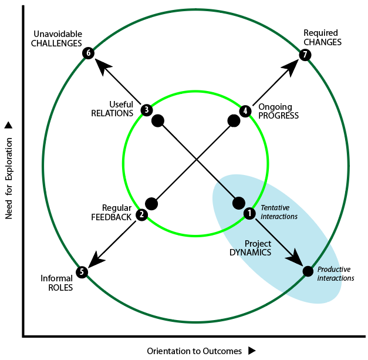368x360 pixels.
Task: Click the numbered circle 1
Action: (249, 213)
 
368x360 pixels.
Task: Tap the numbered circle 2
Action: (141, 215)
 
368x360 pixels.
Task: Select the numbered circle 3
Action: (146, 109)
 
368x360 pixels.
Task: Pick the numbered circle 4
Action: (245, 110)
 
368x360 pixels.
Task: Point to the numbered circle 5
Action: (82, 272)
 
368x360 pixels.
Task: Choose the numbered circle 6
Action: (89, 53)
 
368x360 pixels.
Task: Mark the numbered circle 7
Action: (304, 55)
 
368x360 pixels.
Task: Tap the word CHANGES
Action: (322, 42)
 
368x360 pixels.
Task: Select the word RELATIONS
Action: (112, 113)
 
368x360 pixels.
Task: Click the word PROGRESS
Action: (279, 116)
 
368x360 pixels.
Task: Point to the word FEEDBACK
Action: (112, 217)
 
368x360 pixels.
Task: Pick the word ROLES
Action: (56, 288)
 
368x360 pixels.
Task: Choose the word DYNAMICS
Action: (250, 253)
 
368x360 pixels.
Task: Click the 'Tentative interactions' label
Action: (279, 212)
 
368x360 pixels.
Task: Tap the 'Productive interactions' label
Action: (335, 274)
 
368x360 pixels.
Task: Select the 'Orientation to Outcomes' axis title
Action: (194, 351)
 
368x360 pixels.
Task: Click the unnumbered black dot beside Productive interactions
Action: (308, 271)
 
